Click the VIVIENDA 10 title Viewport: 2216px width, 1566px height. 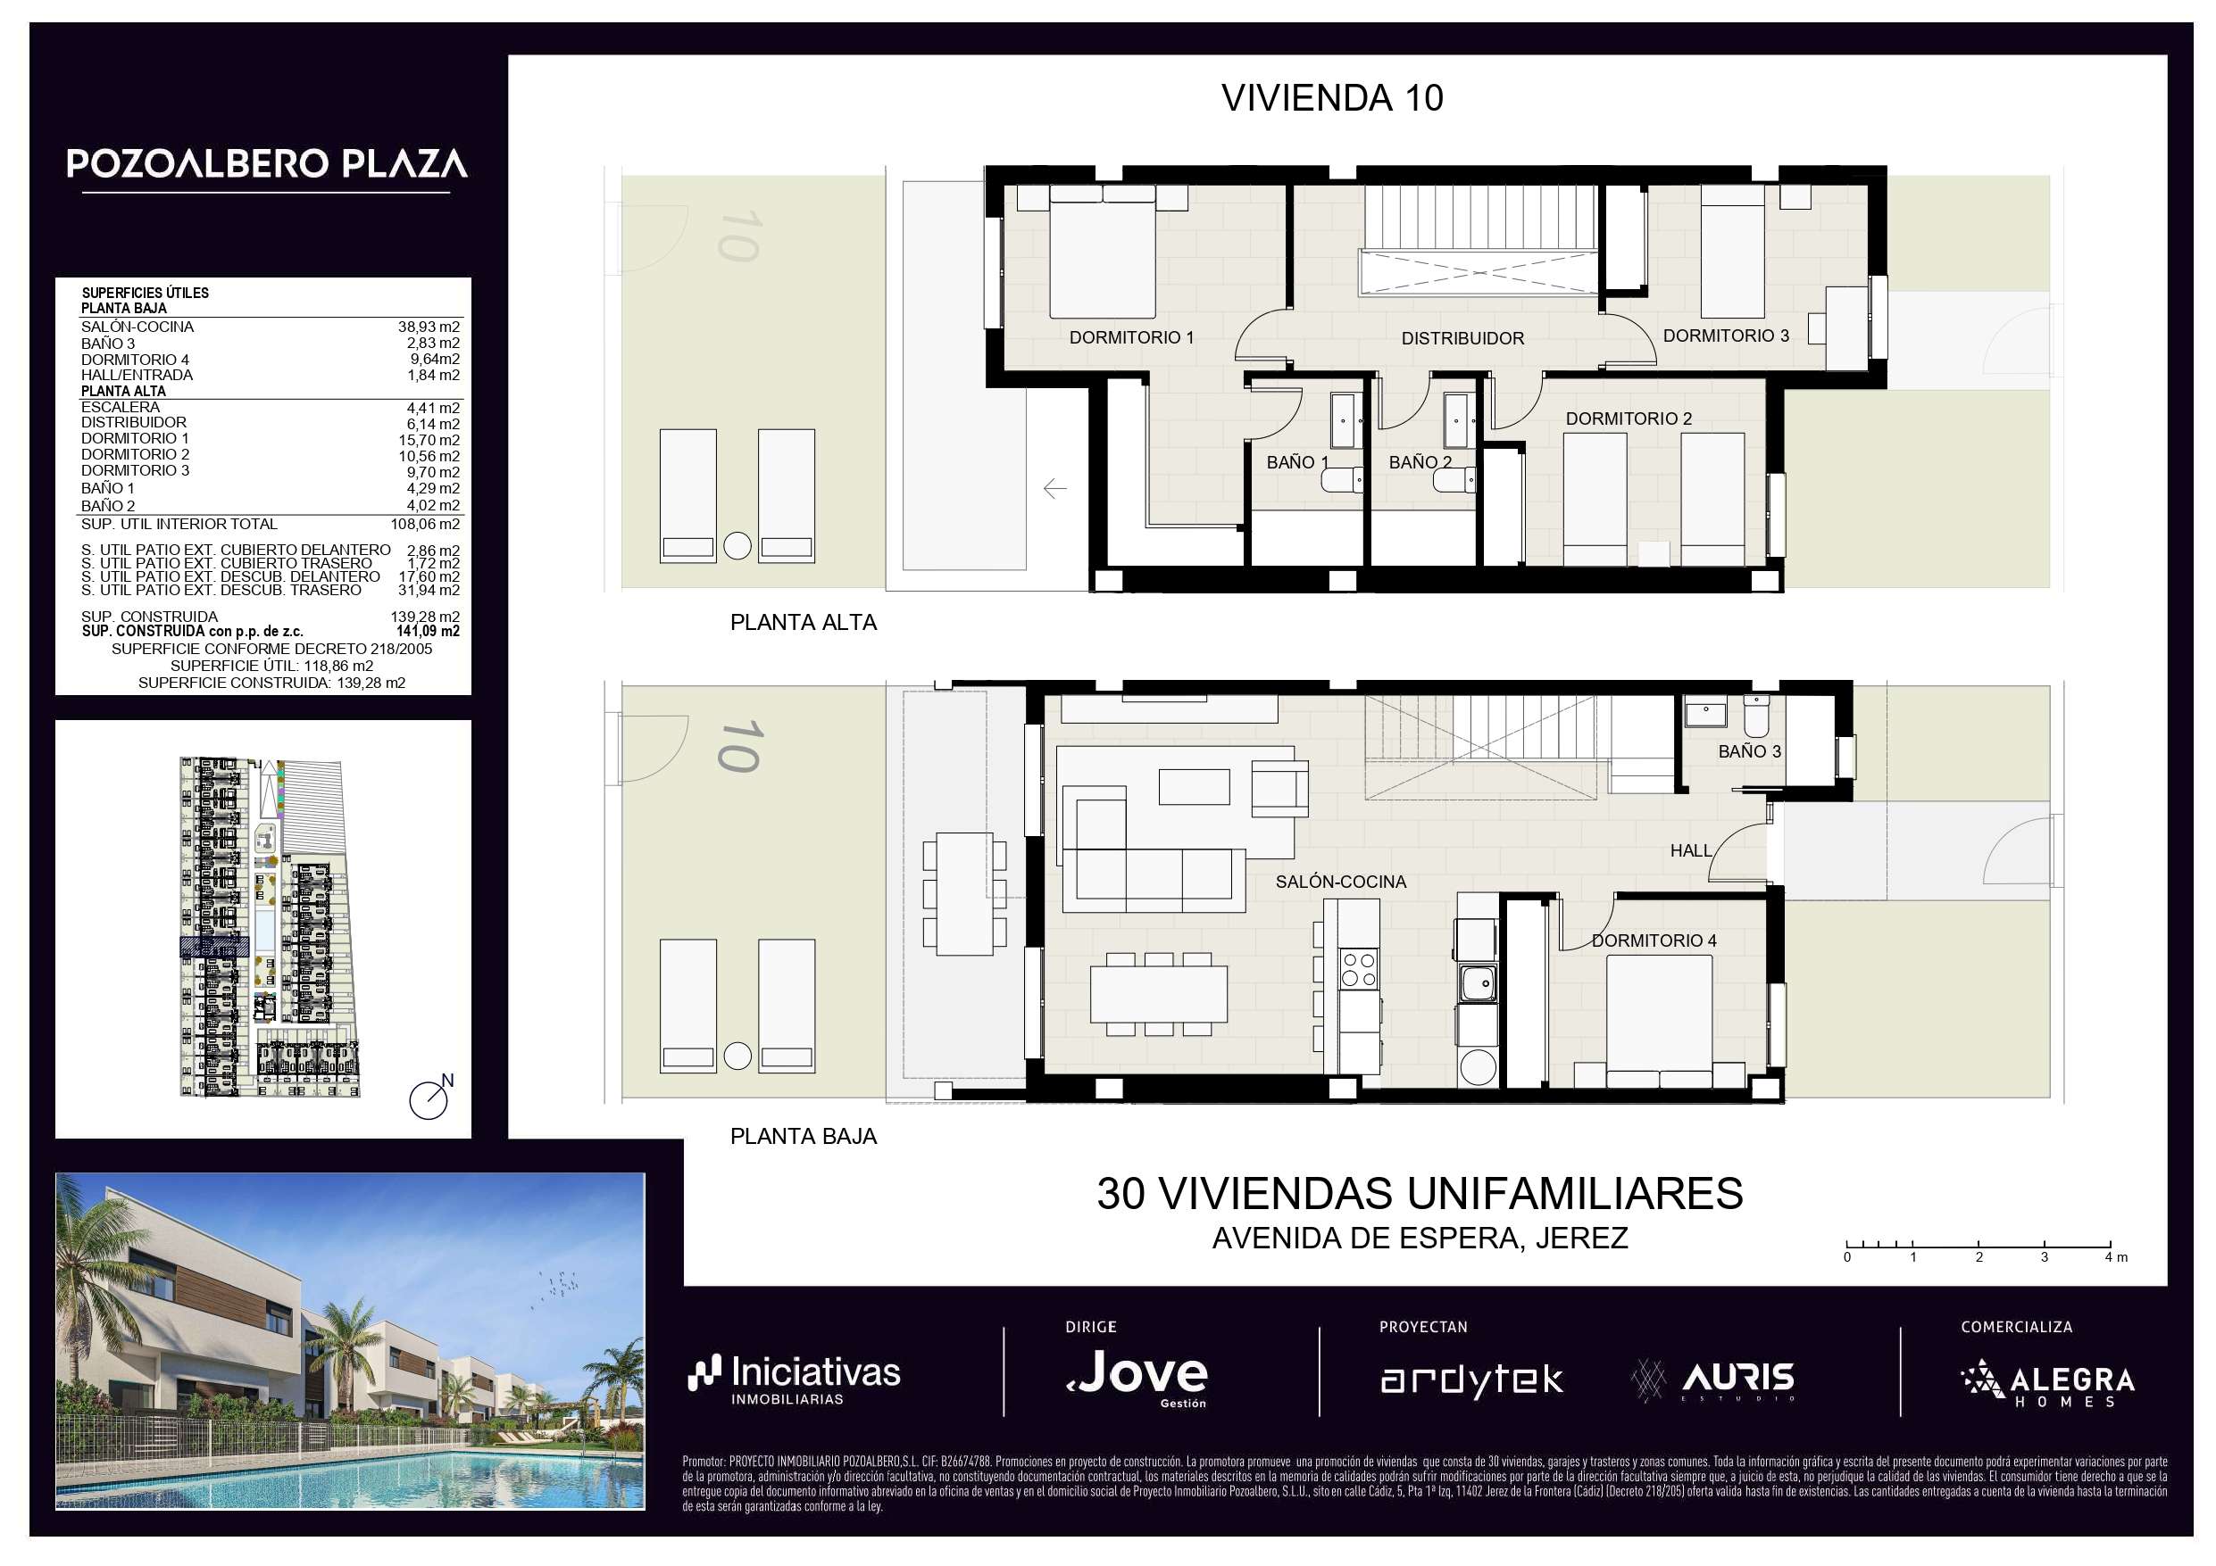[1332, 97]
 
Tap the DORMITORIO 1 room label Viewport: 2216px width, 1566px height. [1131, 336]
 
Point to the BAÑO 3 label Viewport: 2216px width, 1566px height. [1749, 750]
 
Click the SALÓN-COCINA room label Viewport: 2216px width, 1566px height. [1341, 881]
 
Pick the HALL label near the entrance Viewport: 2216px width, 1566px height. [1691, 850]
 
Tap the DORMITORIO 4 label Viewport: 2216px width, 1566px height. [1654, 940]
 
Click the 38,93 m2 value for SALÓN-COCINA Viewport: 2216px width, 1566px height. [429, 327]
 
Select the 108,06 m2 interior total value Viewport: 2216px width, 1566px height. [425, 524]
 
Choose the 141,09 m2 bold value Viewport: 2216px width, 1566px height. [428, 631]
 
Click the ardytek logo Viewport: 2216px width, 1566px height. [1470, 1380]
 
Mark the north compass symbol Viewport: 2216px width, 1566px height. [430, 1096]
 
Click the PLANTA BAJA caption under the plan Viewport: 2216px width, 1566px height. [803, 1136]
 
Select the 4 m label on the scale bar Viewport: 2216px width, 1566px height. [2116, 1256]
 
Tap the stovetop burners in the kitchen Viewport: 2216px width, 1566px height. [1358, 970]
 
